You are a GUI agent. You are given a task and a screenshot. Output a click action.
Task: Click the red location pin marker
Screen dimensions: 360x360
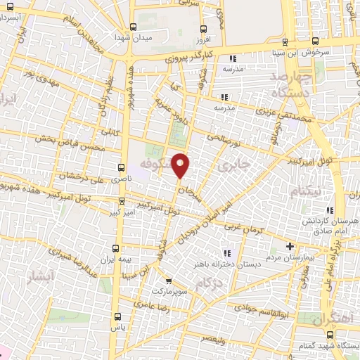pyautogui.click(x=181, y=165)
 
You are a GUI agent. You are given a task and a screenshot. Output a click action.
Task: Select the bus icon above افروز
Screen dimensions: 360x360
pyautogui.click(x=204, y=30)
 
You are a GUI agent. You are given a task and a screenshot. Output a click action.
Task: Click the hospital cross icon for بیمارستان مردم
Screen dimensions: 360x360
pyautogui.click(x=290, y=247)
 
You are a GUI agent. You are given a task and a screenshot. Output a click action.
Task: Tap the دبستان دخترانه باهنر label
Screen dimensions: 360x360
pyautogui.click(x=227, y=264)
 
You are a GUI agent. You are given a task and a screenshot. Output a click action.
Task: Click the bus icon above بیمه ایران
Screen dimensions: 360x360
pyautogui.click(x=117, y=247)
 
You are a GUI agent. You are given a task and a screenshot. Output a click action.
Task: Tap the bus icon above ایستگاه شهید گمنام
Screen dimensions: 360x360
pyautogui.click(x=339, y=336)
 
